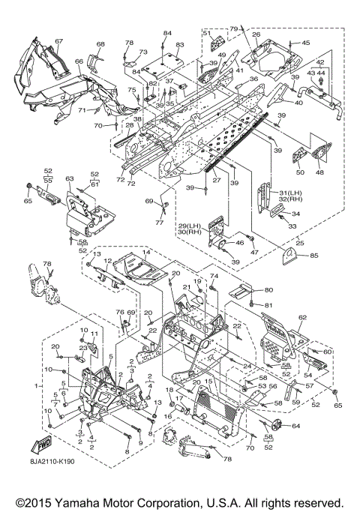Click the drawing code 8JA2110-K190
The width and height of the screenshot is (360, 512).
pos(52,462)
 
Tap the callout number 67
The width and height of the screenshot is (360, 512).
pos(58,41)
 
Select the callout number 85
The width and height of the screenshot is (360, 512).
pos(314,256)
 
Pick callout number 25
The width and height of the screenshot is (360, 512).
pos(299,243)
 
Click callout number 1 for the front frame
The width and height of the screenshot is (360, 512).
pos(36,386)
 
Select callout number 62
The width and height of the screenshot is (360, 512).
pos(302,316)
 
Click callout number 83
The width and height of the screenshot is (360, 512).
pos(180,45)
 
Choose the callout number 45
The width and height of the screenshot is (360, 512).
pos(306,43)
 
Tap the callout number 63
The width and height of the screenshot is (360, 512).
pos(70,178)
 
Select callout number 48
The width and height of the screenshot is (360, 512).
pos(319,172)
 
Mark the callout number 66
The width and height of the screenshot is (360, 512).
pos(79,61)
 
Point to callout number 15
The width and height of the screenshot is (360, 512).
pos(208,381)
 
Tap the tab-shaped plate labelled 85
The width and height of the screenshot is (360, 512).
pos(289,256)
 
